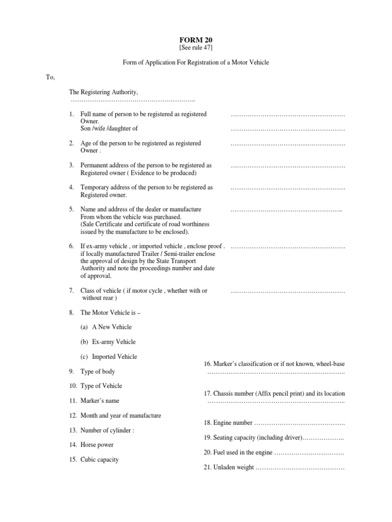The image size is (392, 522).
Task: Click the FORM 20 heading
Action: coord(195,39)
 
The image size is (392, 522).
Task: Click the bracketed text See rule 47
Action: coord(195,47)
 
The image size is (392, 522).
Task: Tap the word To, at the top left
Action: coord(50,77)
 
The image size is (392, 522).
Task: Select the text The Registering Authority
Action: coord(104,92)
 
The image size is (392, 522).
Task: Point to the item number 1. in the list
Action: coord(72,114)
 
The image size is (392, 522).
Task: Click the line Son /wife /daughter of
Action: coord(109,128)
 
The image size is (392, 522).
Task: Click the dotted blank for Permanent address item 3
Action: coord(288,166)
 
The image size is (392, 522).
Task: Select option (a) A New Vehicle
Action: coord(106,327)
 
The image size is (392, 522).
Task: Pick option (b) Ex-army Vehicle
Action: coord(108,342)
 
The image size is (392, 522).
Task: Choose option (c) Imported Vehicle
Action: coord(108,356)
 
